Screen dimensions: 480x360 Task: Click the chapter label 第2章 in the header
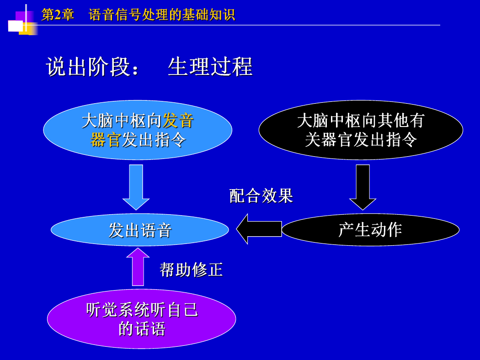(58, 14)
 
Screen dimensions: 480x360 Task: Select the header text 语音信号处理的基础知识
(162, 14)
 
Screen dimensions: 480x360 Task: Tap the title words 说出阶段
(88, 66)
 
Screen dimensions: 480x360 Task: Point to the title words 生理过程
(210, 66)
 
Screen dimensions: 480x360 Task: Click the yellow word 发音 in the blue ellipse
(178, 121)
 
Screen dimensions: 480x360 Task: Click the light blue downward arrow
(136, 187)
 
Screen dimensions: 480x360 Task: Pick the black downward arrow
(363, 187)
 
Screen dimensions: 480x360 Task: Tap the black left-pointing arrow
(259, 229)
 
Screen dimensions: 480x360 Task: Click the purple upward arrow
(138, 267)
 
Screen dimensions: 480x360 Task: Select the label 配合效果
(261, 196)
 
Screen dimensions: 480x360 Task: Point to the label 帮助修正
(192, 270)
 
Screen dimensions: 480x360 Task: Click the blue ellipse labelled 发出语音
(140, 230)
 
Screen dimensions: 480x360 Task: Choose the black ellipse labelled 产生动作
(370, 230)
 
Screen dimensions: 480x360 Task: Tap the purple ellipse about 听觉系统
(141, 319)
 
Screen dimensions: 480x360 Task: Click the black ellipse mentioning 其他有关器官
(361, 130)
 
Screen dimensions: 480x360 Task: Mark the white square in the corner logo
(15, 26)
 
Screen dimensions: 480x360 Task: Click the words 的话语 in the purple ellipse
(142, 329)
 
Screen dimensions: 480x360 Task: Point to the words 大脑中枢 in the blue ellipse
(113, 121)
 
